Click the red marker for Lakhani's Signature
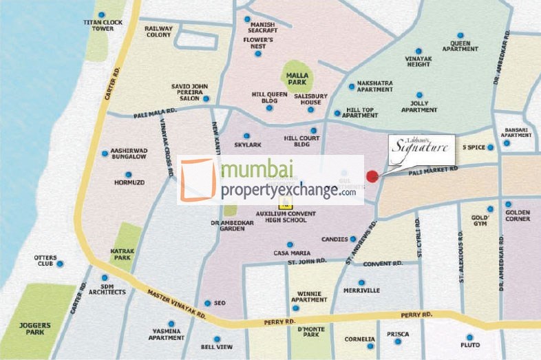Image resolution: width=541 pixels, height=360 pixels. [372, 176]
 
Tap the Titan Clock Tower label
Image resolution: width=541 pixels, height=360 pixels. [102, 25]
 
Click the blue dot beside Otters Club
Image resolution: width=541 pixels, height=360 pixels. [60, 264]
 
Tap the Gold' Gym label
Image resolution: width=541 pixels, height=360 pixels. [479, 221]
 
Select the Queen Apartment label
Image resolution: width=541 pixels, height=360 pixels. [460, 46]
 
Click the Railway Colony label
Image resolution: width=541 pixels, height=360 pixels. [158, 32]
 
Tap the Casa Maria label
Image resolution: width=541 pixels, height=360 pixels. [289, 253]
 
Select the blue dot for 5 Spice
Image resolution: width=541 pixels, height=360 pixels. [490, 147]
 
